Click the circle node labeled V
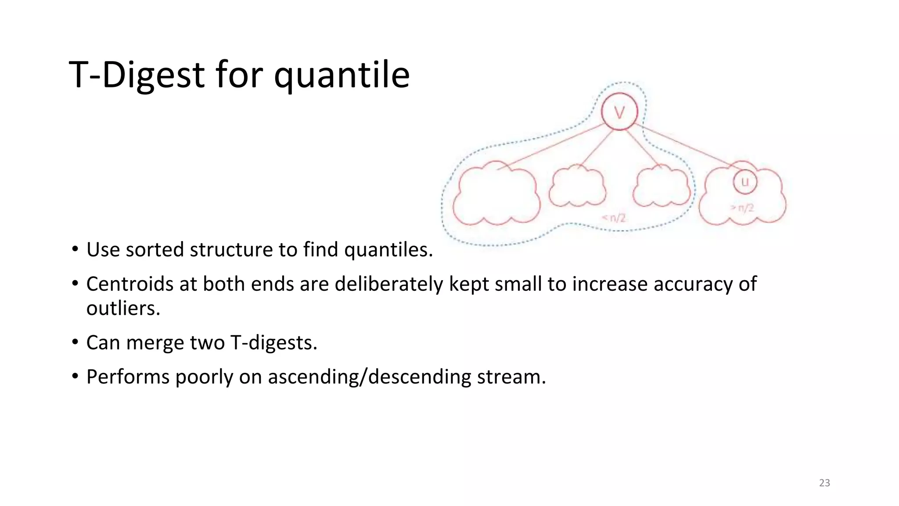[619, 112]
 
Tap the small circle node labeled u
[744, 181]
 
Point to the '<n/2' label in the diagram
[614, 217]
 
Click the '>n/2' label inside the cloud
[742, 208]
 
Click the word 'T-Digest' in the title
[137, 75]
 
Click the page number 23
[824, 483]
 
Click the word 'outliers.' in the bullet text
[123, 308]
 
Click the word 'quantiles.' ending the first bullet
[388, 249]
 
